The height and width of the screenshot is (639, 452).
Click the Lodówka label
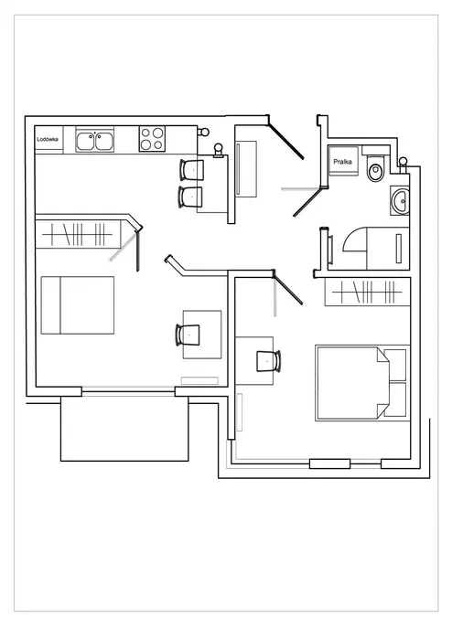(x=48, y=139)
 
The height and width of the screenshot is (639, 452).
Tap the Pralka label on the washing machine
(x=342, y=162)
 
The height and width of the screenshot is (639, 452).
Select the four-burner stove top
(x=152, y=139)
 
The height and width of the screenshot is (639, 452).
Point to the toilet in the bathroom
(x=375, y=168)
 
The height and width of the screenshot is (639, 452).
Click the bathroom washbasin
(x=400, y=200)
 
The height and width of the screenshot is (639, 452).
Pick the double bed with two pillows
(x=362, y=383)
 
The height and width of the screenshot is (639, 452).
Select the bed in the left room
(x=78, y=305)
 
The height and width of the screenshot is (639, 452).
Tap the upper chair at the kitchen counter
(x=191, y=169)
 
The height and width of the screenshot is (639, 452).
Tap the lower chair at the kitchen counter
(x=190, y=197)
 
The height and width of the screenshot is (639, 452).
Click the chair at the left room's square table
(x=188, y=335)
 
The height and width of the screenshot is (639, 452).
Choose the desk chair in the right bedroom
(x=268, y=361)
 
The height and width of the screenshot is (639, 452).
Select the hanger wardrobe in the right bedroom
(x=367, y=292)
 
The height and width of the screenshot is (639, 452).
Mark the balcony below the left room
(x=124, y=428)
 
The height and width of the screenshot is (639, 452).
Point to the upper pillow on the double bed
(x=395, y=365)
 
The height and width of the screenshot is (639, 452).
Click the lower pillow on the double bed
(x=395, y=399)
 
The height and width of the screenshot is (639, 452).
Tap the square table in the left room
(x=202, y=335)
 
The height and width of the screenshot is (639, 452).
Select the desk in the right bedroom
(x=254, y=361)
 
